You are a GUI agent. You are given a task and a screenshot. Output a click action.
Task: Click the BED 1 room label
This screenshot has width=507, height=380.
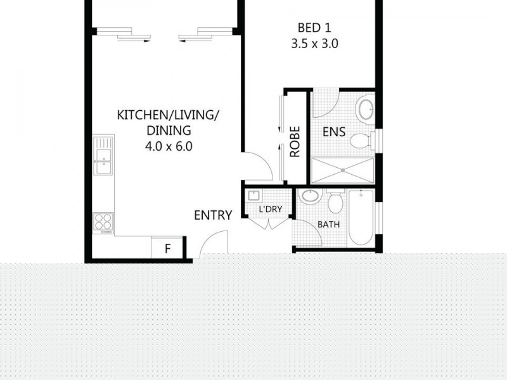(x=315, y=28)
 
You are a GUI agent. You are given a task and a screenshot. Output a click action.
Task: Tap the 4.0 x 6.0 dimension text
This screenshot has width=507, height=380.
(x=168, y=146)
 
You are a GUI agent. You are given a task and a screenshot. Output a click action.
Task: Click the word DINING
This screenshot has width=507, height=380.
(x=169, y=130)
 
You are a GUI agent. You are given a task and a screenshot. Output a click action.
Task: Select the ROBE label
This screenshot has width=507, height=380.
(x=295, y=141)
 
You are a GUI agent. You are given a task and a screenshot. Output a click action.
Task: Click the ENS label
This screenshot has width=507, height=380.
(x=334, y=132)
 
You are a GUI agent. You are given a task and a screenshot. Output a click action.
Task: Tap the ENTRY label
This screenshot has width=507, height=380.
(x=213, y=215)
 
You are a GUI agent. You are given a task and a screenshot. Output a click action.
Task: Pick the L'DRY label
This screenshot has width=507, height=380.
(x=270, y=210)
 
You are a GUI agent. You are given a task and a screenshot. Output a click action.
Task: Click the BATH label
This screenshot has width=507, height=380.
(x=328, y=224)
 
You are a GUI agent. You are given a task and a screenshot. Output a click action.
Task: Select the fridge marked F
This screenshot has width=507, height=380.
(x=168, y=248)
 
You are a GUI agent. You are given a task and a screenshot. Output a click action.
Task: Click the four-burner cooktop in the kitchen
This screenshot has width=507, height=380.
(x=103, y=221)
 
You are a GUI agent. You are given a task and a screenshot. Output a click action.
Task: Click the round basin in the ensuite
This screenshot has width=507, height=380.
(x=366, y=109)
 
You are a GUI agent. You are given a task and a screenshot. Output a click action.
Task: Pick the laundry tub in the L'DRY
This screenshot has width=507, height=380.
(x=254, y=196)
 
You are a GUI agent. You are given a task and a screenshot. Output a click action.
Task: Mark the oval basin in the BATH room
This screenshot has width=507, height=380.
(x=311, y=196)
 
